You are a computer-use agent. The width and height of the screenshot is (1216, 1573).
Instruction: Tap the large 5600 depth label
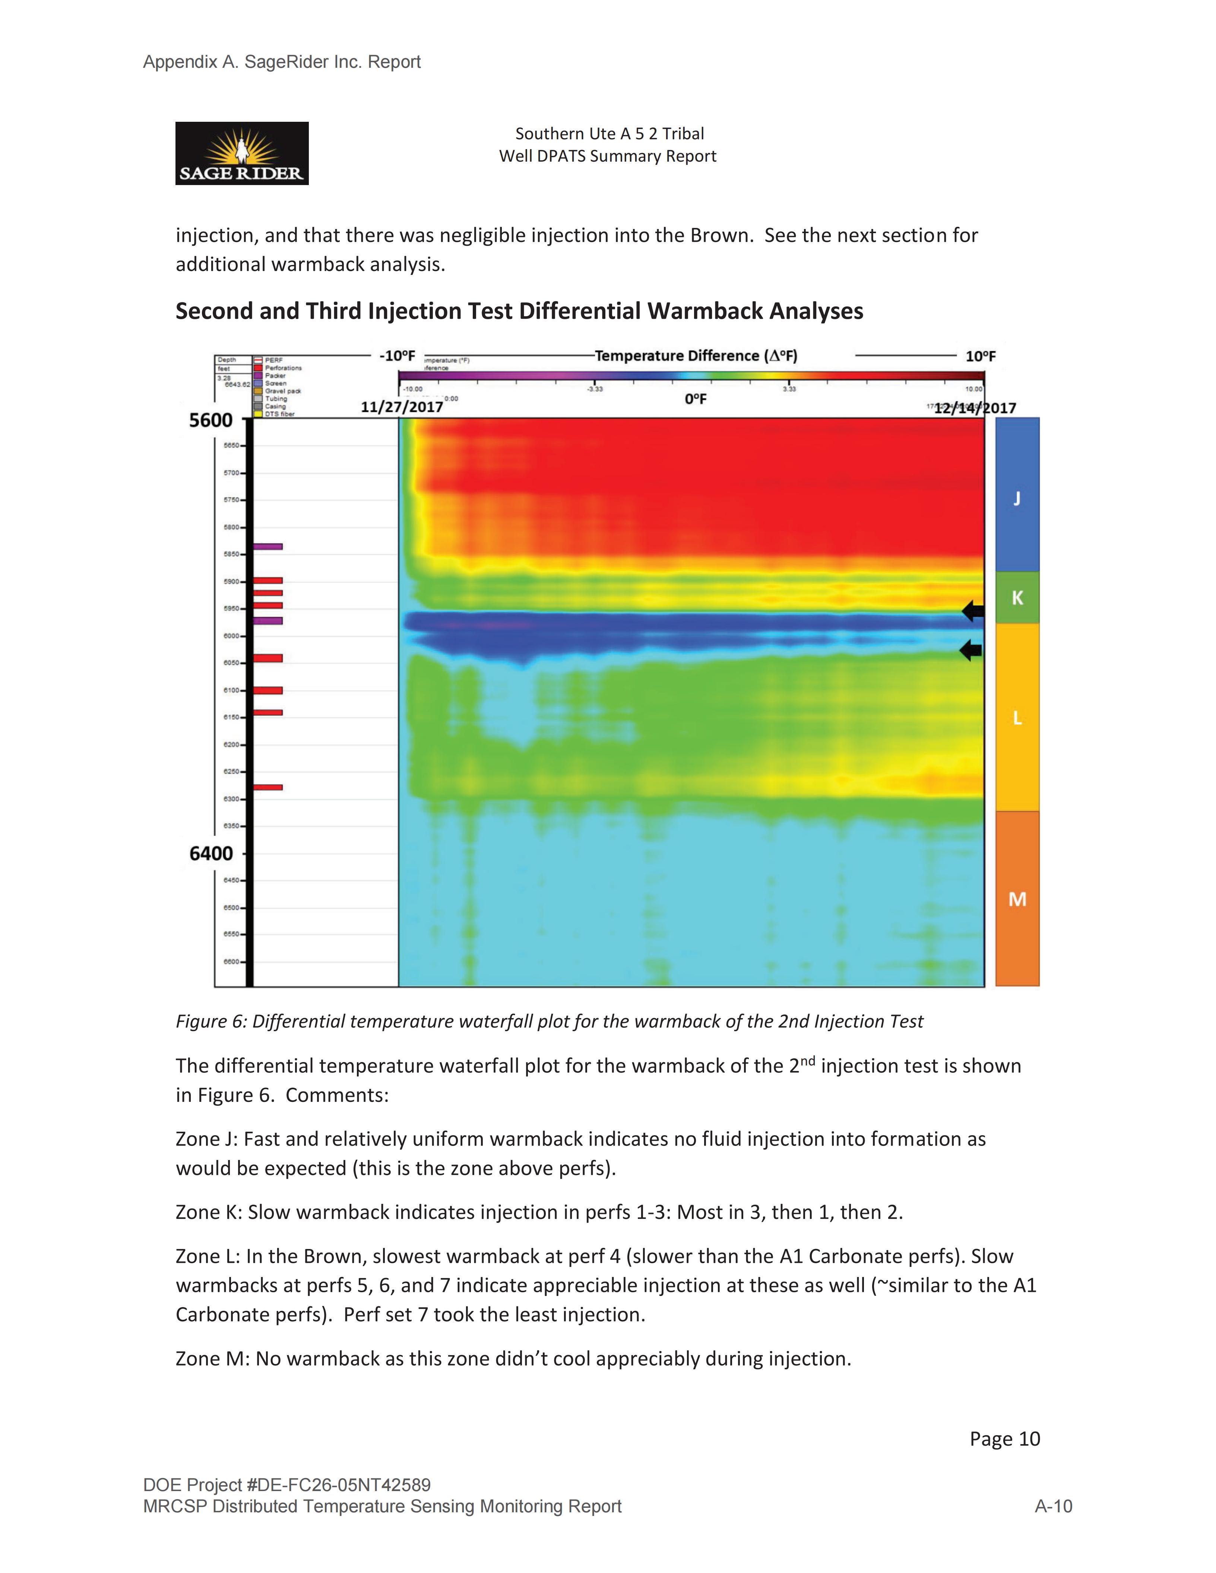(x=210, y=420)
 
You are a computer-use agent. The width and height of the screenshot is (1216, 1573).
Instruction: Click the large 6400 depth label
(x=210, y=854)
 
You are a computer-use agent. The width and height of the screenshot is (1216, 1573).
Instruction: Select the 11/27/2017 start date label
(x=401, y=407)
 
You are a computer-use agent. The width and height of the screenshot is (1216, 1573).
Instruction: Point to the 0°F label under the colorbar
(x=695, y=399)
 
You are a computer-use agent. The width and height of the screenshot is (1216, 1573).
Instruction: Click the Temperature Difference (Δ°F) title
(x=695, y=356)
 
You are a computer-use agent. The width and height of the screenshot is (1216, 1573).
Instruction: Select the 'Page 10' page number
(x=1004, y=1438)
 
